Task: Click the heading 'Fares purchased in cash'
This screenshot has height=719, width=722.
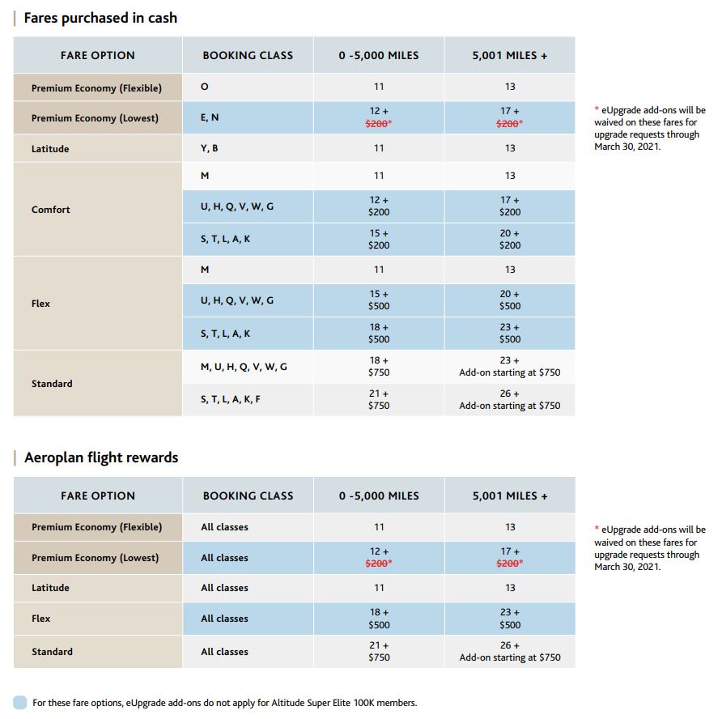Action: tap(100, 18)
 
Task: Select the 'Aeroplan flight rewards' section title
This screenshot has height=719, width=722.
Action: tap(101, 457)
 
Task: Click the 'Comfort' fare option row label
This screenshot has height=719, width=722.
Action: tap(51, 209)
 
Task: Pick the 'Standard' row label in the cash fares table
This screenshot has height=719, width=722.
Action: tap(52, 383)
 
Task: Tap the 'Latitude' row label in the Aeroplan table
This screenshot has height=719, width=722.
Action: tap(50, 588)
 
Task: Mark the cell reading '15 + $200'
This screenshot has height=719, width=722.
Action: tap(379, 239)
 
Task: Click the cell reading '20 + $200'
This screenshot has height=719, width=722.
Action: tap(510, 239)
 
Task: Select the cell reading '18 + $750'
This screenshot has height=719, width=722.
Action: tap(379, 367)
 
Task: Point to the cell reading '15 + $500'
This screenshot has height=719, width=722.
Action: tap(379, 300)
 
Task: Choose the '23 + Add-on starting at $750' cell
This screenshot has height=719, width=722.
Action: tap(510, 367)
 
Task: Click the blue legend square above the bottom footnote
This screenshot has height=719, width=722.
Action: tap(20, 702)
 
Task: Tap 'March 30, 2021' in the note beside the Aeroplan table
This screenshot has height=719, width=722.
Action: tap(627, 567)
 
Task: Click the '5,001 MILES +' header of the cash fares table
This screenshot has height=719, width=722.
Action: tap(510, 56)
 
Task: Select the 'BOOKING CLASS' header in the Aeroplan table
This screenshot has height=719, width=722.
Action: tap(248, 496)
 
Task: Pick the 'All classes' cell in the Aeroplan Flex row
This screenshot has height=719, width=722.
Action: tap(224, 619)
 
